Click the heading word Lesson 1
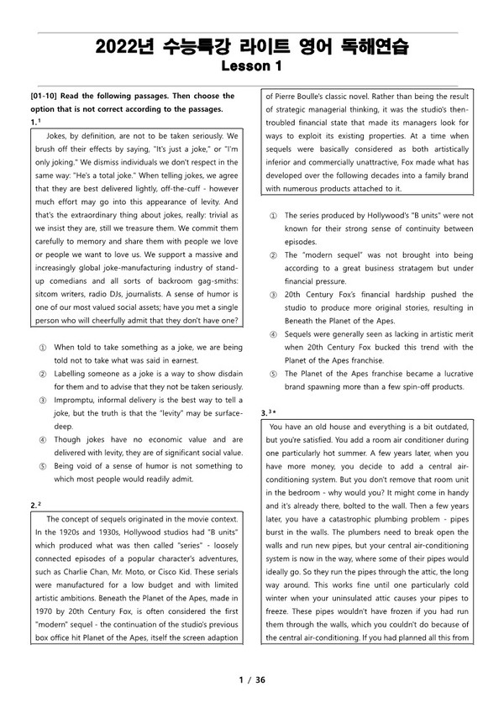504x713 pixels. pyautogui.click(x=251, y=65)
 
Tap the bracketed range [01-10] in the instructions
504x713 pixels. pyautogui.click(x=45, y=96)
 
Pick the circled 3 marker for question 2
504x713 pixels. pyautogui.click(x=271, y=294)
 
